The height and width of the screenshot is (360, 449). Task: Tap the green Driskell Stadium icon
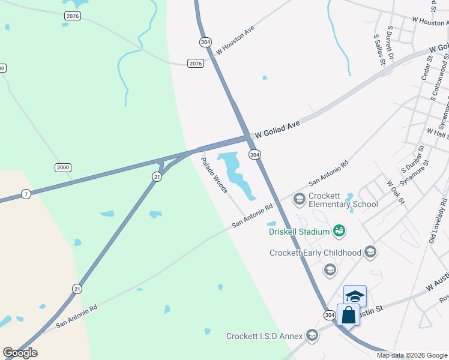[x=339, y=230]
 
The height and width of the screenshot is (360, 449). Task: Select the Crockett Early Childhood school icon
[x=370, y=252]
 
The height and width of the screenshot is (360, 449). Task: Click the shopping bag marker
[x=349, y=314]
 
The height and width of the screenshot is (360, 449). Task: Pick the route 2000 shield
[x=63, y=167]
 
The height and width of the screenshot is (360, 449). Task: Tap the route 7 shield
[x=25, y=194]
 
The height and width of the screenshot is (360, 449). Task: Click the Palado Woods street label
[x=214, y=175]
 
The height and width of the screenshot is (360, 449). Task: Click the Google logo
[x=20, y=352]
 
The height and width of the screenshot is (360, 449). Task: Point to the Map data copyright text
[x=412, y=355]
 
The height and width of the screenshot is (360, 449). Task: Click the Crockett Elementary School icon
[x=299, y=198]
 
